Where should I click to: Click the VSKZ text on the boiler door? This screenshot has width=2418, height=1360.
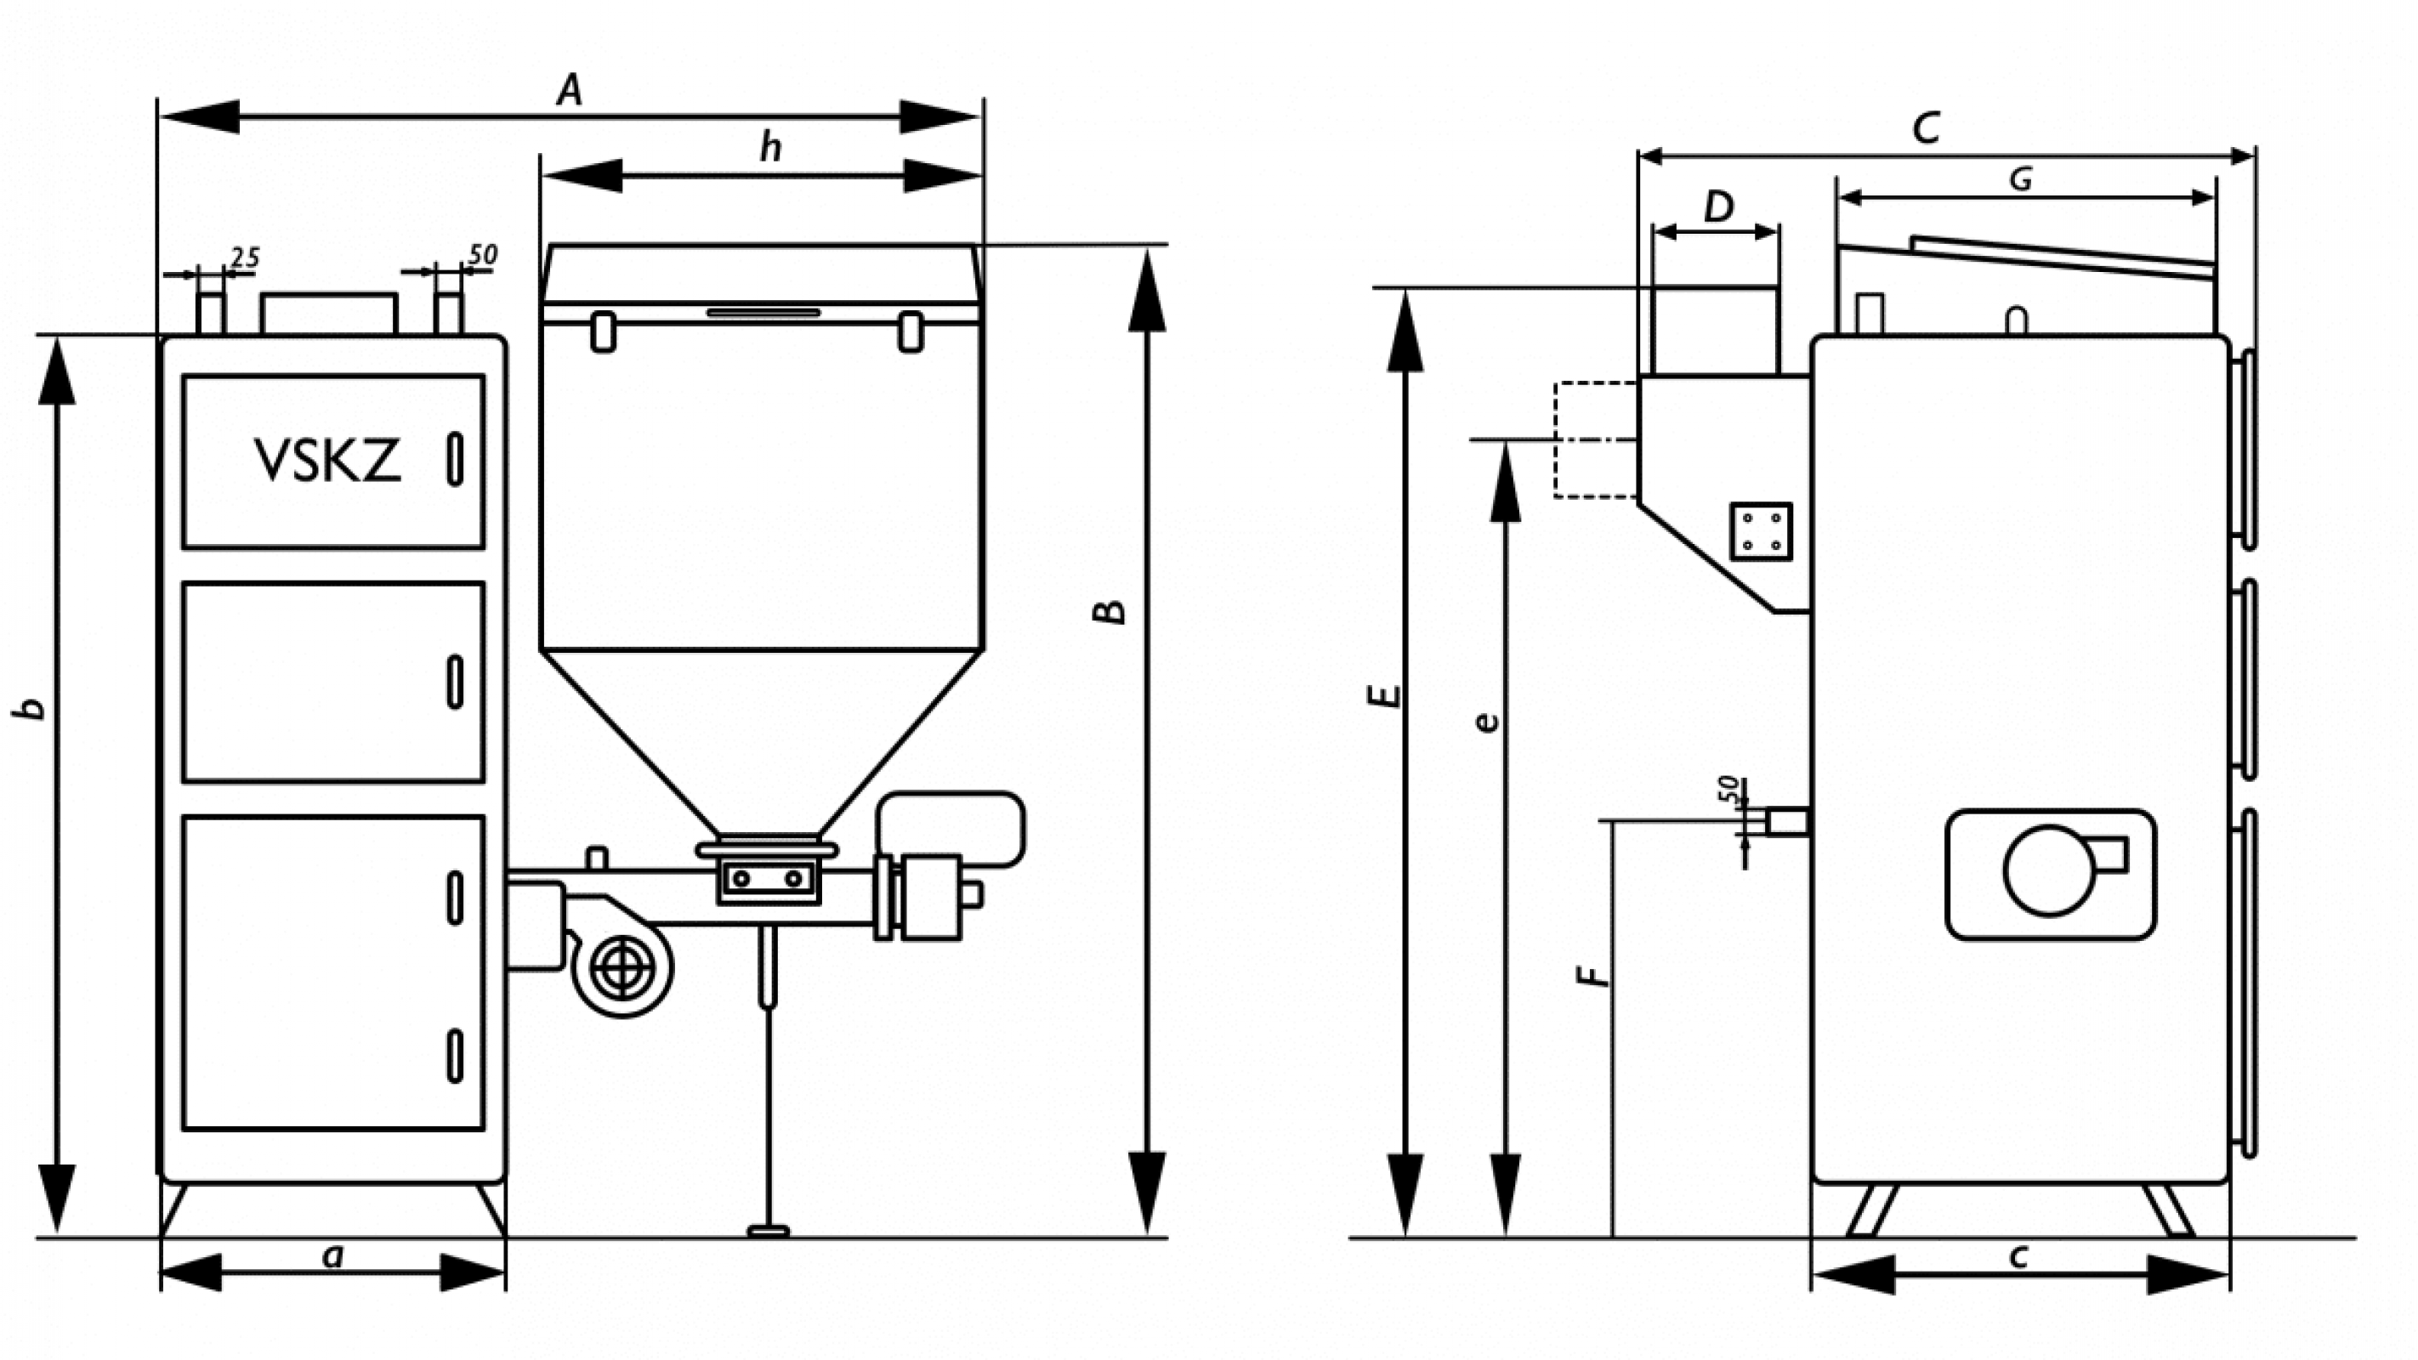coord(328,461)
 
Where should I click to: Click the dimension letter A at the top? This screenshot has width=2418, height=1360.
coord(570,91)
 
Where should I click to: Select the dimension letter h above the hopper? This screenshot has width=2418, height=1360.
coord(770,147)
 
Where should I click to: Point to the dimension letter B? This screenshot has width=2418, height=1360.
coord(1111,611)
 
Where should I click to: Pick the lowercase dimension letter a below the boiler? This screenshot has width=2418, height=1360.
coord(332,1255)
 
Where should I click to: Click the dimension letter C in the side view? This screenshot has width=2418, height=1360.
coord(1925,128)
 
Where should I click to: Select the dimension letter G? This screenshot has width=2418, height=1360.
coord(2020,179)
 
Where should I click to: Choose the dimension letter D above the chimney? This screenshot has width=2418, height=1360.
coord(1717,207)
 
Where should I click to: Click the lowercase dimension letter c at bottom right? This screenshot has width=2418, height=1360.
coord(2019,1255)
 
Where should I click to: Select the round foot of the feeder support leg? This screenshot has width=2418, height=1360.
coord(768,1231)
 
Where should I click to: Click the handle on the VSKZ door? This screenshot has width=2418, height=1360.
coord(455,459)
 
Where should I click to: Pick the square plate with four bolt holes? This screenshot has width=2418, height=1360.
coord(1761,531)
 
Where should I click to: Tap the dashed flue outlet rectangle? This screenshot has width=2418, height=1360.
coord(1596,439)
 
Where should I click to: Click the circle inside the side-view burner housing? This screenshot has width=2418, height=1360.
coord(2049,870)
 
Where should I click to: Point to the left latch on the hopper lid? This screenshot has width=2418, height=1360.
coord(604,331)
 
